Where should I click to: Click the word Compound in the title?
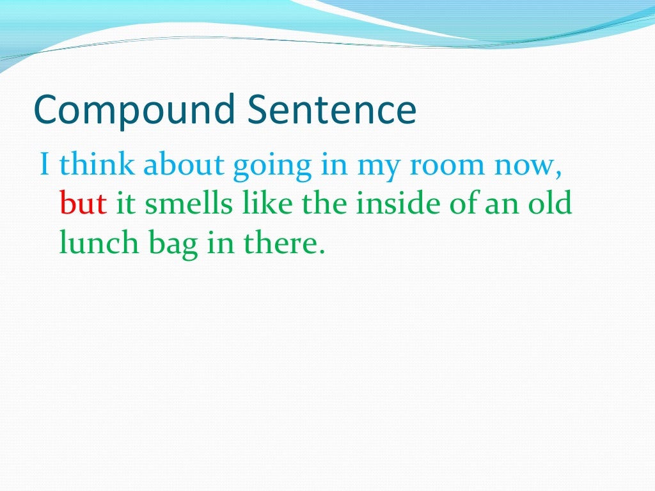pos(134,111)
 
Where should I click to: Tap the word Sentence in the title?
pos(332,109)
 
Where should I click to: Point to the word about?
pos(184,164)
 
